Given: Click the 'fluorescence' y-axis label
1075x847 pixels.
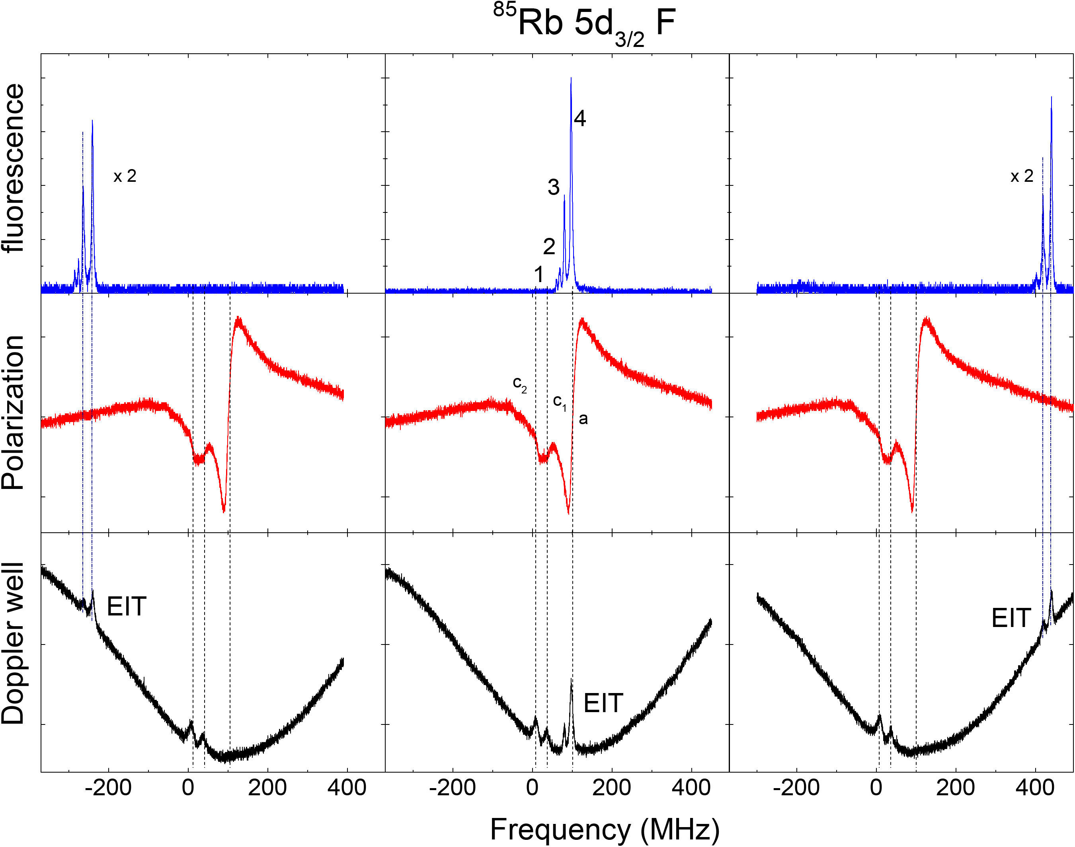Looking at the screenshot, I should click(x=14, y=169).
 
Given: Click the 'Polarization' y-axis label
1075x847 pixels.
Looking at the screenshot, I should click(x=14, y=413).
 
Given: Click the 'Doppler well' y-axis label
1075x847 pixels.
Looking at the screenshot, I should click(x=14, y=644).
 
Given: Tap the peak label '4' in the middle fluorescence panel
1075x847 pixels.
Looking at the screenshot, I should click(x=579, y=119).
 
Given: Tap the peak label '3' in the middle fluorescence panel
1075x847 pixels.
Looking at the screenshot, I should click(x=553, y=187).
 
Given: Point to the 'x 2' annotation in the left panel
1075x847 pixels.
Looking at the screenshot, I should click(x=125, y=176).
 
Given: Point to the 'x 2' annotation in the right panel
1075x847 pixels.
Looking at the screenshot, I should click(x=1022, y=176).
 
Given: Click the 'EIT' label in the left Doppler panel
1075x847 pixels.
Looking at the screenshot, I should click(x=127, y=606).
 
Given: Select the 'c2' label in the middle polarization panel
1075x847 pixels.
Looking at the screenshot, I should click(x=519, y=384).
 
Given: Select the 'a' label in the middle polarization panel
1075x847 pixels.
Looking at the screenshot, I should click(x=583, y=419).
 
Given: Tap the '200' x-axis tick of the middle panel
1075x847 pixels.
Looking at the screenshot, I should click(x=612, y=787).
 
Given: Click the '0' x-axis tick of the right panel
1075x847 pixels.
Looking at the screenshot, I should click(x=876, y=787).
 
